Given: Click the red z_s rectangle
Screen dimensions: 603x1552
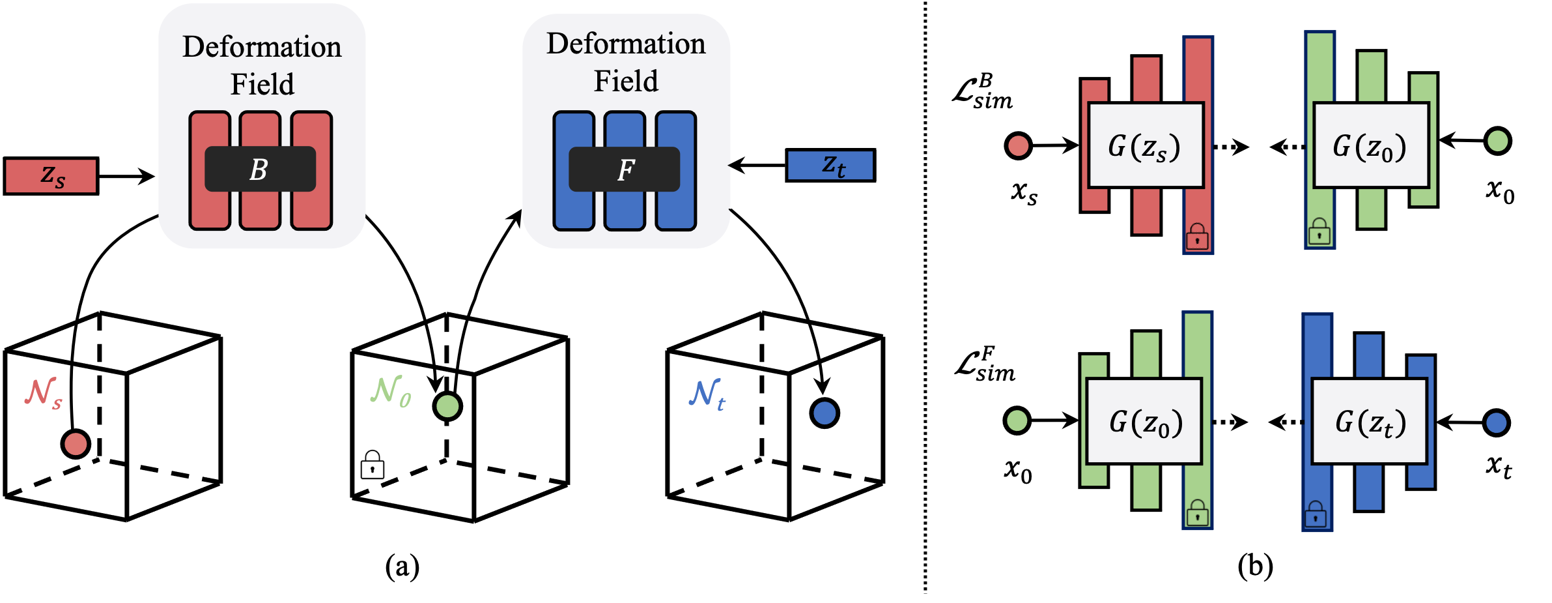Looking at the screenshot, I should (51, 176).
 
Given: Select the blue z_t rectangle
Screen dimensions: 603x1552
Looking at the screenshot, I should (830, 166).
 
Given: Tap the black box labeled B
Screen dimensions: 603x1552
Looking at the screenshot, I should (260, 169).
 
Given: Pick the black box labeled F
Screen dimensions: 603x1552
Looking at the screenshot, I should (624, 169).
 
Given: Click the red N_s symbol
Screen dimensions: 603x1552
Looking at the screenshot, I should (43, 393).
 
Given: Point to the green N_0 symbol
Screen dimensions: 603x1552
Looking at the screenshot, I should (391, 391).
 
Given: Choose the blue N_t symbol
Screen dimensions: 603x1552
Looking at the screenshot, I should (707, 394).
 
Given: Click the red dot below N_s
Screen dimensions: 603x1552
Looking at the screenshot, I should (76, 444).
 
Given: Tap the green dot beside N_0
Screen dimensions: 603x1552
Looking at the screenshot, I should (447, 406).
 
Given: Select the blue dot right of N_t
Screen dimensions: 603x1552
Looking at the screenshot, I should (825, 413).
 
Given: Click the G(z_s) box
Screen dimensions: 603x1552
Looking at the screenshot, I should (1146, 146).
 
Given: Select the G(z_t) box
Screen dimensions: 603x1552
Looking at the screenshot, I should (1370, 422).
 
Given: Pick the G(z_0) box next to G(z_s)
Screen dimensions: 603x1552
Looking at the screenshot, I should (1371, 146).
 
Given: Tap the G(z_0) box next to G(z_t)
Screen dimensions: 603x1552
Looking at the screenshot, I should (1144, 422).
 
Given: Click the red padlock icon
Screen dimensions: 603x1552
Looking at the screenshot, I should (1197, 237).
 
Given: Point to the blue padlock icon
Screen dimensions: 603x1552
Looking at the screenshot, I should (1316, 514).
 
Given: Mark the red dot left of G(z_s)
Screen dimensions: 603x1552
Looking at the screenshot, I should (1018, 146).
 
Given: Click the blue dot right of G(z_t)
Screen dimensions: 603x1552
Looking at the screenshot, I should (1496, 423).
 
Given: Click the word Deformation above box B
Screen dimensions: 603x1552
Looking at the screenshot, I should (262, 47).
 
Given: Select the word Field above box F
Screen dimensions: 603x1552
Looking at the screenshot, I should (626, 81).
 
